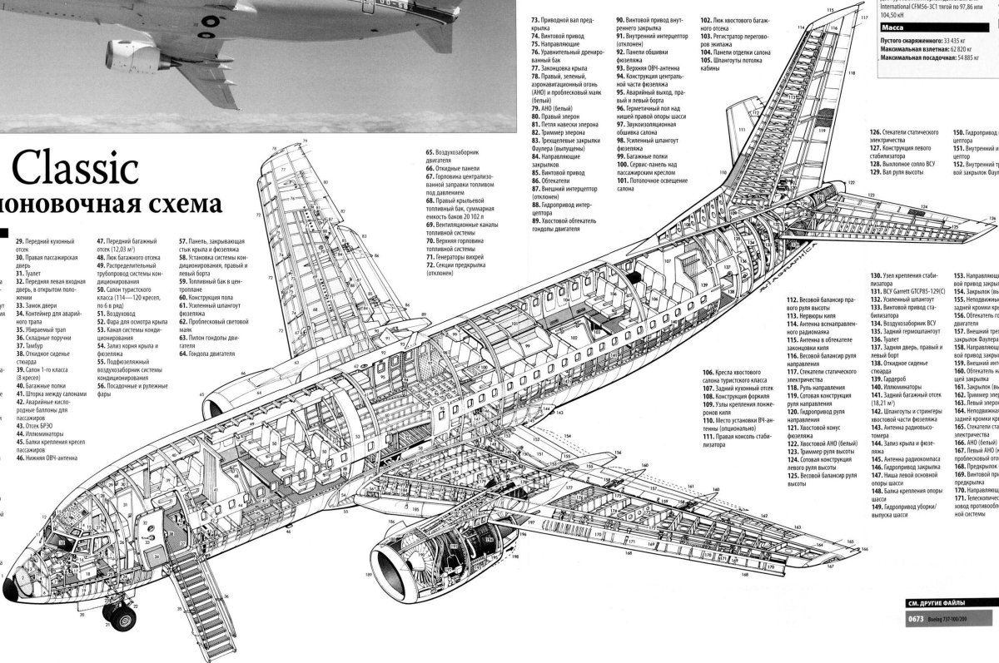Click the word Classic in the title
coord(74,169)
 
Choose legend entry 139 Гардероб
coord(890,379)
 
